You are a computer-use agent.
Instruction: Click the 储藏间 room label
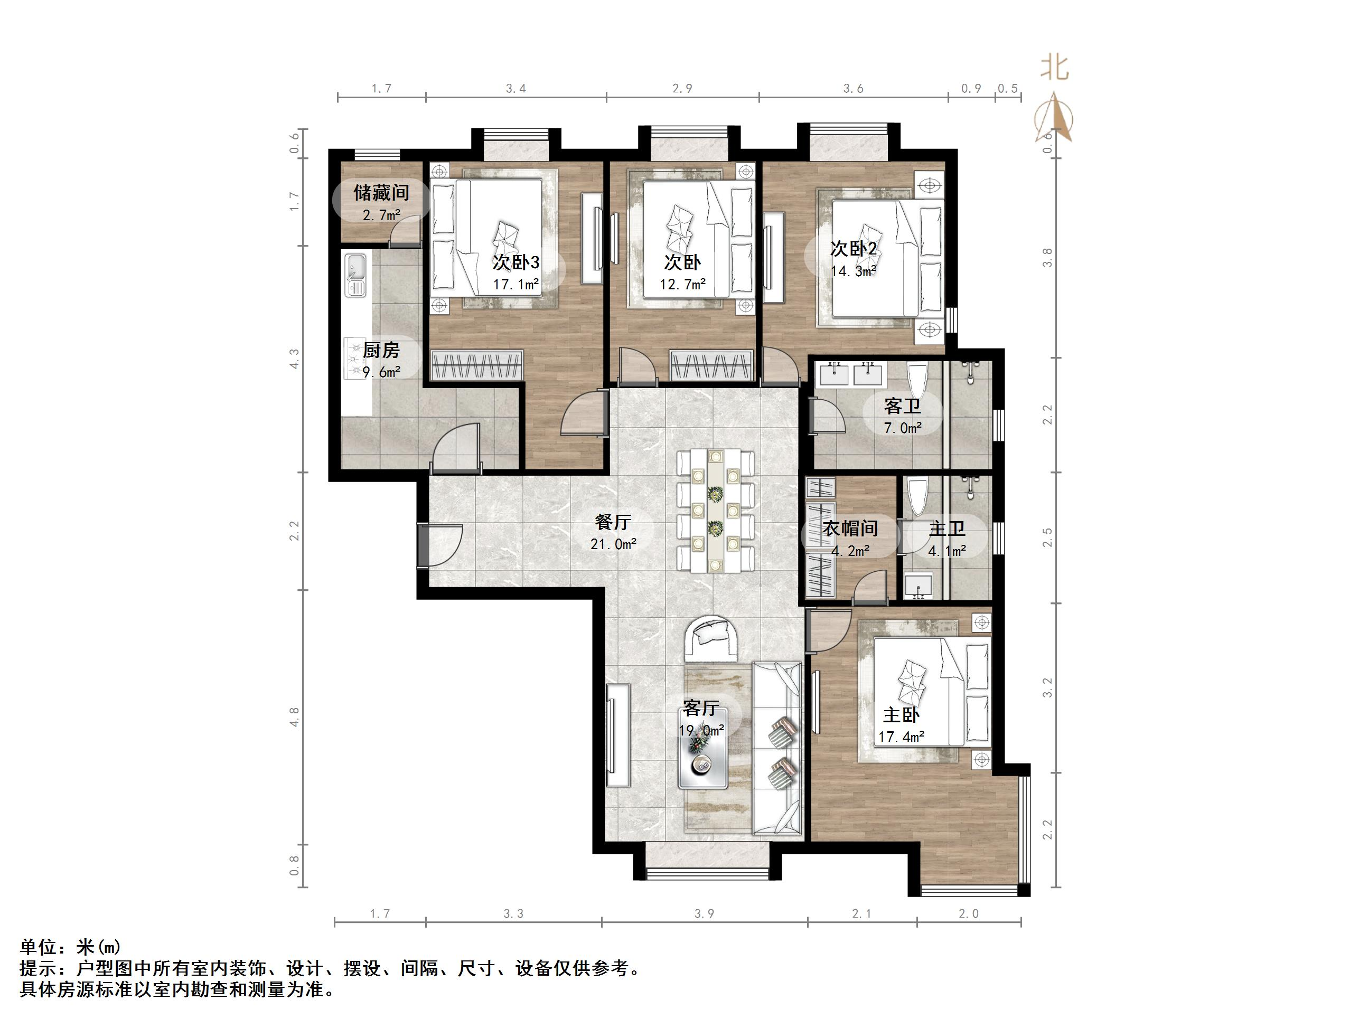click(x=381, y=193)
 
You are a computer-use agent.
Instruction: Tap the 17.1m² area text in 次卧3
click(x=516, y=285)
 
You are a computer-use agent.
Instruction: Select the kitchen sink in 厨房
click(x=355, y=275)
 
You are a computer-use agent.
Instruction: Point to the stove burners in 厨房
click(x=354, y=358)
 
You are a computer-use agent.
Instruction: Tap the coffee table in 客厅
click(x=703, y=749)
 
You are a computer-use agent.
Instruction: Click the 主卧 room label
click(x=901, y=715)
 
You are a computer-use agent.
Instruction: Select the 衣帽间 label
click(x=850, y=528)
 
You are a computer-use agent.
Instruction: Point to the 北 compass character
click(x=1054, y=69)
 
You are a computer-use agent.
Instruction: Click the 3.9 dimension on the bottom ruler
click(x=704, y=914)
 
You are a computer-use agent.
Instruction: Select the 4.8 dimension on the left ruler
click(x=295, y=717)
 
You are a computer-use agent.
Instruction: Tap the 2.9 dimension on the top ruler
click(x=682, y=89)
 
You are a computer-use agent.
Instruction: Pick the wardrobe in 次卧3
click(x=477, y=365)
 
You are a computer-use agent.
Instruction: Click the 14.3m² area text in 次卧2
click(x=854, y=271)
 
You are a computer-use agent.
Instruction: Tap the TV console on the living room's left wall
click(x=618, y=735)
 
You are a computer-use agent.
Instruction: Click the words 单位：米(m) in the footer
click(x=71, y=947)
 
